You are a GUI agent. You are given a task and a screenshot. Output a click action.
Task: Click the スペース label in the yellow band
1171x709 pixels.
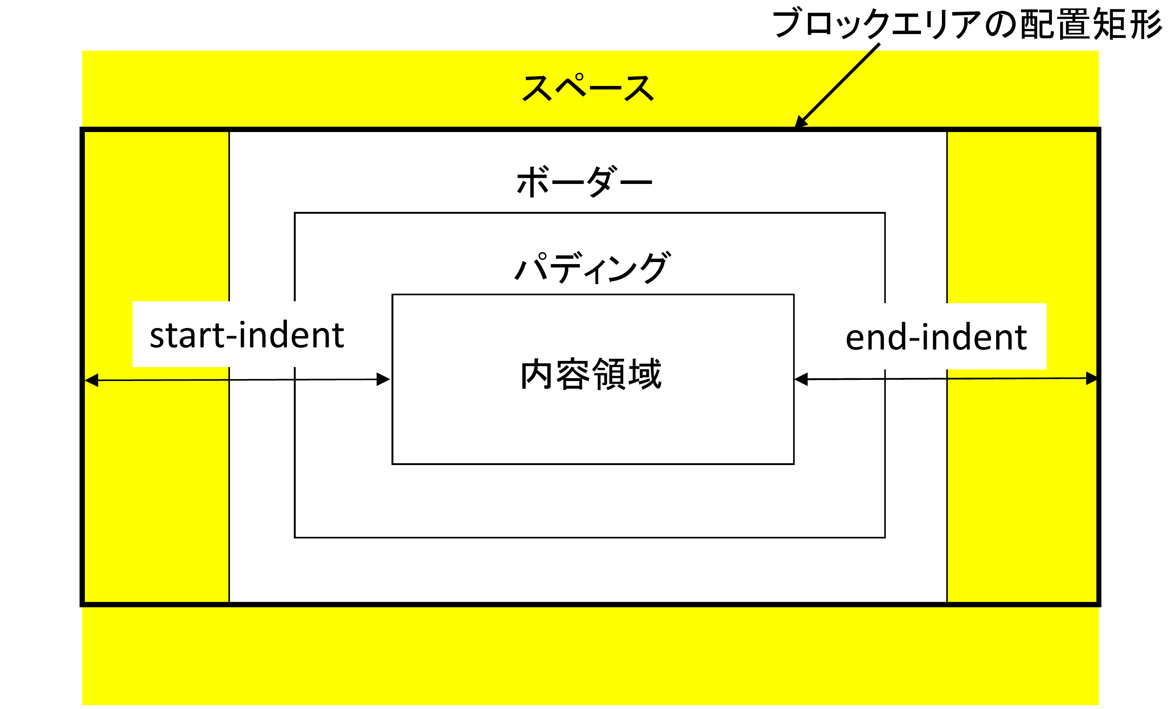pos(588,88)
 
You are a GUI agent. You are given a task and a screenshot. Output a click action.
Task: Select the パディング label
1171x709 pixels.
pos(592,267)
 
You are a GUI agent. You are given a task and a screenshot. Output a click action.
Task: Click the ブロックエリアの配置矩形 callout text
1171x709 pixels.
pos(967,23)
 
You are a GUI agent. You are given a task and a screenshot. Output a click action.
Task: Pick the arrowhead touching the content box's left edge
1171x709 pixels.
pos(383,379)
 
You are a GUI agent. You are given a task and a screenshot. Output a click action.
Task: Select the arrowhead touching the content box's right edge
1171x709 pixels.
pos(801,379)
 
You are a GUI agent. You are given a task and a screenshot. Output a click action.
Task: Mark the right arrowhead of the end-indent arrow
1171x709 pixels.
pos(1092,378)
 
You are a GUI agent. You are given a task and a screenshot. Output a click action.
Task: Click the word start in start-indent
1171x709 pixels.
pos(187,335)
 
